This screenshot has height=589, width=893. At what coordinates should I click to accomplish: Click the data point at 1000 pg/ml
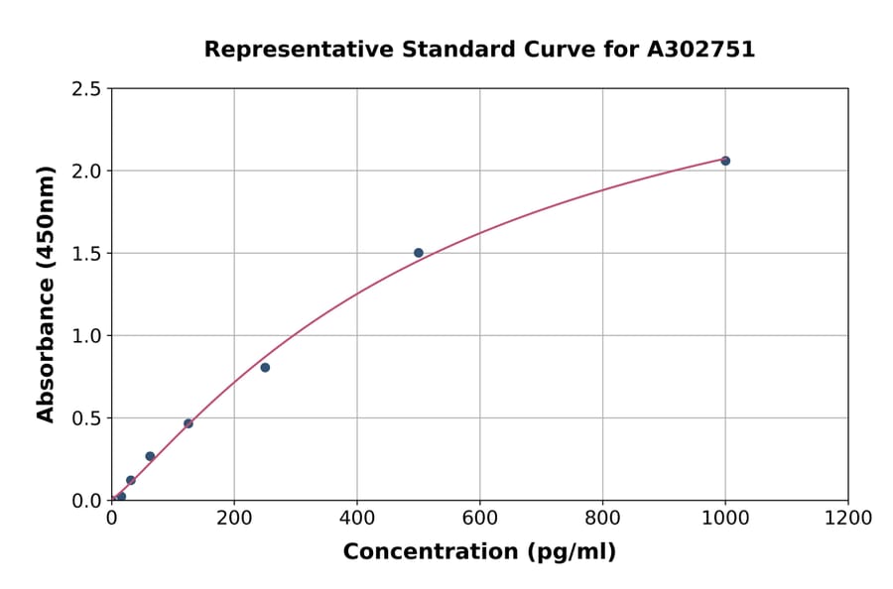[x=725, y=161]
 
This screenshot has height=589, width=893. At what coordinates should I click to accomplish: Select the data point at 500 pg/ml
[x=419, y=253]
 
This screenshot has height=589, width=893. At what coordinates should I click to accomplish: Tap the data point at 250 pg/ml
[x=265, y=368]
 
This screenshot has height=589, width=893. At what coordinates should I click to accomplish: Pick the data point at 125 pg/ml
[x=189, y=423]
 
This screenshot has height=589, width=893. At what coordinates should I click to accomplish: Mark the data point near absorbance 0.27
[x=150, y=456]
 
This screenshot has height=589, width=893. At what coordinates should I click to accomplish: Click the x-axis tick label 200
[x=234, y=518]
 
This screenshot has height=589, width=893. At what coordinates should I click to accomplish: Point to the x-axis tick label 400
[x=357, y=518]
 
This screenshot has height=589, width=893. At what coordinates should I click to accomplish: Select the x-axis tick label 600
[x=480, y=518]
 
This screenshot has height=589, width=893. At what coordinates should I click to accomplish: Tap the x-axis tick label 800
[x=602, y=518]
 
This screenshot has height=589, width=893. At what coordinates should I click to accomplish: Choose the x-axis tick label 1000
[x=725, y=518]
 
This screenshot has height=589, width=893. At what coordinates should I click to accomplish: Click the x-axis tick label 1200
[x=848, y=518]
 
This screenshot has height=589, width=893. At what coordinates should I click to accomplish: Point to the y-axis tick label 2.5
[x=86, y=89]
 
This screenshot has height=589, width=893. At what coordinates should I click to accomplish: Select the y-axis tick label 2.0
[x=86, y=172]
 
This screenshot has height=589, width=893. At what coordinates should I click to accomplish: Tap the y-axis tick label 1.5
[x=86, y=254]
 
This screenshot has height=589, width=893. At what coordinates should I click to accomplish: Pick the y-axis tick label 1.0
[x=86, y=336]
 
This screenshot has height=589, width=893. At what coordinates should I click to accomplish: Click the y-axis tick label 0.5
[x=86, y=418]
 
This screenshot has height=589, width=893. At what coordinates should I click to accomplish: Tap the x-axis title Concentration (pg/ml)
[x=479, y=552]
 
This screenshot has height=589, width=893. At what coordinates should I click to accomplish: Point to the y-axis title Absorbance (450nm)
[x=46, y=294]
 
